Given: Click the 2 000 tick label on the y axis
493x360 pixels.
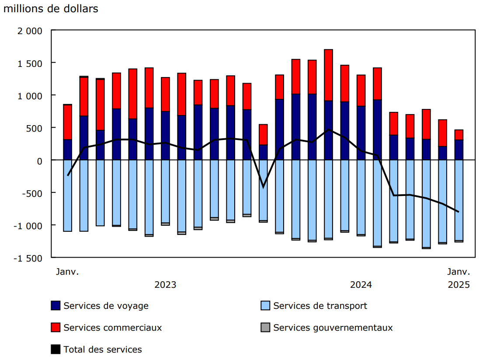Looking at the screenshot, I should click(30, 31).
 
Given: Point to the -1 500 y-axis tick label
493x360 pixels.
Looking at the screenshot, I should click(28, 258).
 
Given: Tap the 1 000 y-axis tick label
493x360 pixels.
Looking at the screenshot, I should click(30, 95).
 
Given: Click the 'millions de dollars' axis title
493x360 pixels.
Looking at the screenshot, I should click(51, 8).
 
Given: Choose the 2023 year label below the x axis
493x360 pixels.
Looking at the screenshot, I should click(166, 285).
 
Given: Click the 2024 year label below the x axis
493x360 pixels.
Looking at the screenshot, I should click(361, 285).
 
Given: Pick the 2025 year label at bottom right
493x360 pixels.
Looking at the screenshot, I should click(459, 285).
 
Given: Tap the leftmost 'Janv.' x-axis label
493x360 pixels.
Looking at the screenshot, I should click(68, 272).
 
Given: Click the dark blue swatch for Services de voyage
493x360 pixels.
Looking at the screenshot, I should click(56, 306).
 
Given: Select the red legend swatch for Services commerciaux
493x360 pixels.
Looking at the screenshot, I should click(56, 328).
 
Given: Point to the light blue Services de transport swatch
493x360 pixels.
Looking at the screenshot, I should click(265, 306).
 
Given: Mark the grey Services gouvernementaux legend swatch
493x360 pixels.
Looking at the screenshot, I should click(265, 328).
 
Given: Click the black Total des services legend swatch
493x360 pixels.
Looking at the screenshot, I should click(56, 350).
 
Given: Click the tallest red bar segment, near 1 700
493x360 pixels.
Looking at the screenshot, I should click(328, 75).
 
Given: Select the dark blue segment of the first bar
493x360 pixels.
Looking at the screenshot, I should click(68, 150).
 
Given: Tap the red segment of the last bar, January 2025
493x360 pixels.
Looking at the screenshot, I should click(459, 135).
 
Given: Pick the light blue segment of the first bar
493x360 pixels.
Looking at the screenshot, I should click(68, 196).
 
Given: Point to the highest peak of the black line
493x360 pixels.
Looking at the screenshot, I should click(328, 129).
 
